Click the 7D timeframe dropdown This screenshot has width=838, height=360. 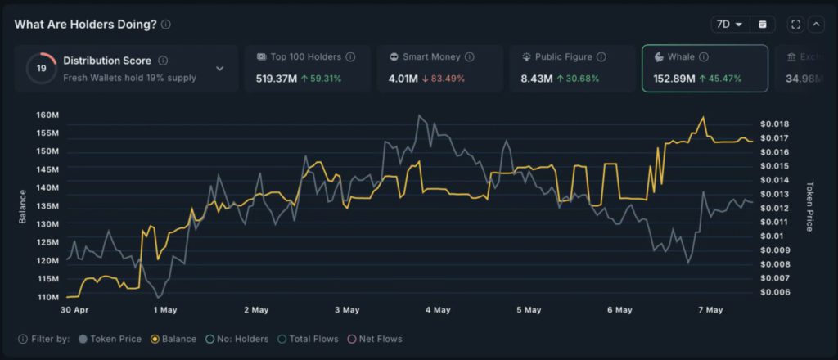pos(728,25)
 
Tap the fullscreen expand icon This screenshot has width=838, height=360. pos(796,25)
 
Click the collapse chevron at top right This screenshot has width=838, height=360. pos(816,25)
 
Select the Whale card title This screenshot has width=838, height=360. pos(680,57)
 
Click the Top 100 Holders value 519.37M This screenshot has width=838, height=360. pos(276,79)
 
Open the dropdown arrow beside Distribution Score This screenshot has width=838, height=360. pos(219,69)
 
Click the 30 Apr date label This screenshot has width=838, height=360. pos(74,310)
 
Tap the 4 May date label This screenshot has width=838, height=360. pos(437,310)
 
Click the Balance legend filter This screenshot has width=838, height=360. pos(173,339)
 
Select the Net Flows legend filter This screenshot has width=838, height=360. pos(377,339)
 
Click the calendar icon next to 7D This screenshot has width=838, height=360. pos(763,25)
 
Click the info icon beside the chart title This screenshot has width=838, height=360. pos(166,25)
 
